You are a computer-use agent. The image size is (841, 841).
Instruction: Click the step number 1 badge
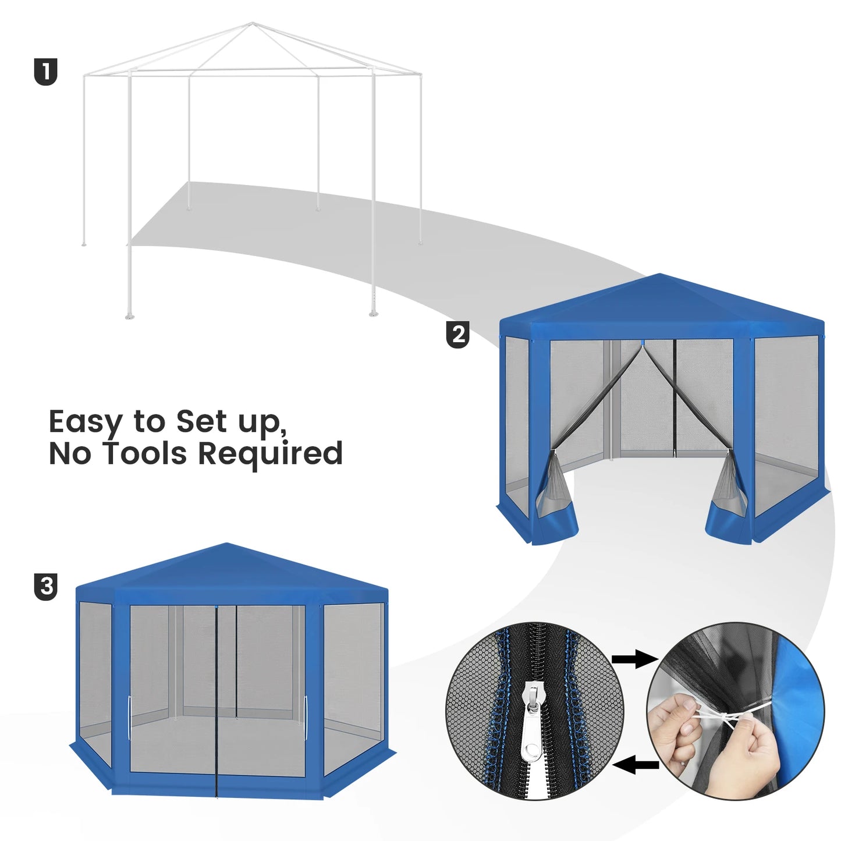[45, 72]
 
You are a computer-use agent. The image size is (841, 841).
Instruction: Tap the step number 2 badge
[458, 335]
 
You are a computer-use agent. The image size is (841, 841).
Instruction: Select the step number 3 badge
[45, 587]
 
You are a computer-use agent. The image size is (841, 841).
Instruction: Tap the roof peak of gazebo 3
[226, 544]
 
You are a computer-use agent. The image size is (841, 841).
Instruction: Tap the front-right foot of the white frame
[374, 313]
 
